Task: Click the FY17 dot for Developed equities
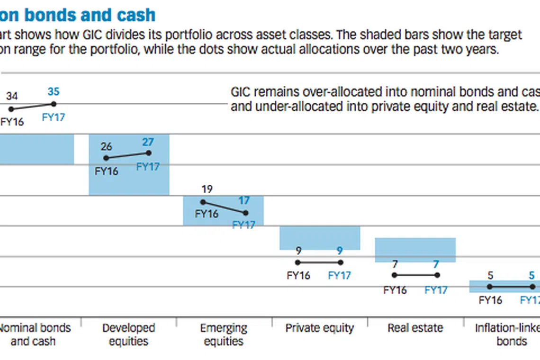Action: (149, 153)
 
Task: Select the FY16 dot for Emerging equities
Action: (203, 202)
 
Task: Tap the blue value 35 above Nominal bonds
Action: (54, 92)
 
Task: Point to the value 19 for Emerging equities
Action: (207, 189)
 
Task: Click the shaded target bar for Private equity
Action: (320, 238)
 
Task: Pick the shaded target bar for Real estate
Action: (415, 250)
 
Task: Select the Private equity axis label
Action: (320, 328)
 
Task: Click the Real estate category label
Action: (415, 328)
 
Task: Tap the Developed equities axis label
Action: (129, 334)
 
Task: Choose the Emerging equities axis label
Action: (224, 334)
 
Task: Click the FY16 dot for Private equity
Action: (298, 262)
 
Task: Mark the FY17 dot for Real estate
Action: (437, 275)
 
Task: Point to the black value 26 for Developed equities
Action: (106, 146)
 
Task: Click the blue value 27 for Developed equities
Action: (148, 142)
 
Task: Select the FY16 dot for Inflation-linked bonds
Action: (490, 287)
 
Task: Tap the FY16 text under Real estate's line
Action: (395, 290)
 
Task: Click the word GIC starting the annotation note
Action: (241, 91)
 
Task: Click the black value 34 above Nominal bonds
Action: (12, 96)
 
